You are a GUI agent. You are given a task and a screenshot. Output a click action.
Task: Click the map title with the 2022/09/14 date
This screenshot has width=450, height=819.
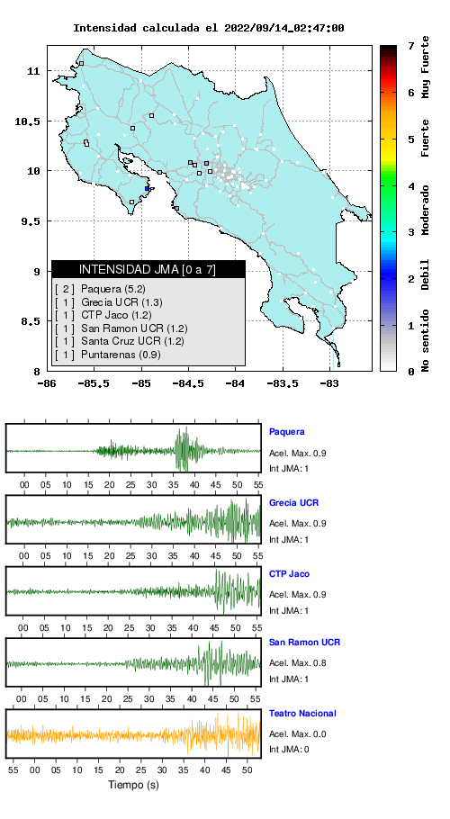coord(208,28)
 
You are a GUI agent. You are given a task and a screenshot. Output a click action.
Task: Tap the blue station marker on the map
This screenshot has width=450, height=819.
coord(148,189)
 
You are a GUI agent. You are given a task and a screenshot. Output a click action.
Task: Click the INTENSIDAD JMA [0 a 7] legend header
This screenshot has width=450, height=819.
coord(148,269)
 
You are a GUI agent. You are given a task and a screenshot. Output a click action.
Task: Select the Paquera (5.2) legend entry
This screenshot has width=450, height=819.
coord(100,288)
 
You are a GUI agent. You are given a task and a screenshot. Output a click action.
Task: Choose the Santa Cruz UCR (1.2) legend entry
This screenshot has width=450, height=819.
coord(120,342)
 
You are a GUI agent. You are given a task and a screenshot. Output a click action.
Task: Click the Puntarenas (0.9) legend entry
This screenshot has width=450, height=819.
coord(107,355)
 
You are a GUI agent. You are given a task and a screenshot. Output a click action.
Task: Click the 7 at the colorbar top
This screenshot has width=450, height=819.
coord(411,47)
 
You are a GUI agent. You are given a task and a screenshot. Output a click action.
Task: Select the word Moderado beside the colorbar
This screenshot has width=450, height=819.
coord(426,210)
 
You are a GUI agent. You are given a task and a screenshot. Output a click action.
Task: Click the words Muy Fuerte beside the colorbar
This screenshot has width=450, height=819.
coord(426,67)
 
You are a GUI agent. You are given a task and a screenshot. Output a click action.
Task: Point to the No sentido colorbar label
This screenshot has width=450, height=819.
coord(426,340)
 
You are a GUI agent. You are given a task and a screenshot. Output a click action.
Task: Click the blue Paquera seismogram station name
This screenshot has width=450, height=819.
coord(286,432)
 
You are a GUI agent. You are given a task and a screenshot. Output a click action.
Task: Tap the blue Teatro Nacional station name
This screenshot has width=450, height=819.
coord(302,713)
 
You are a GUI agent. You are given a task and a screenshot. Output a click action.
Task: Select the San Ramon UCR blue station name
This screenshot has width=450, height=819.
coord(304,642)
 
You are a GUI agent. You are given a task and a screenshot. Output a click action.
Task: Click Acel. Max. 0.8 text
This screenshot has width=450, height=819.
coord(298,663)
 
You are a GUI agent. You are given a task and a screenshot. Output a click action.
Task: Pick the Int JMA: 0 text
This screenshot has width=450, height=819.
coord(289,750)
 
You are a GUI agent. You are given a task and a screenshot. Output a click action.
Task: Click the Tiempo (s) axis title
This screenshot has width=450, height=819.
coord(133,785)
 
